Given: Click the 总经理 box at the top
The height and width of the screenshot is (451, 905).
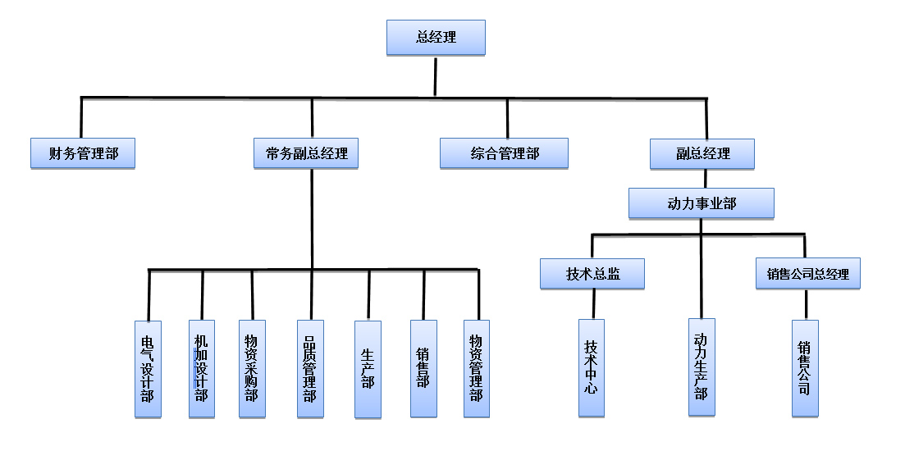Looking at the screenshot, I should [x=436, y=38].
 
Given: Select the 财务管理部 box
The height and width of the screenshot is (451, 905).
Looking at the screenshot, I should [x=82, y=153].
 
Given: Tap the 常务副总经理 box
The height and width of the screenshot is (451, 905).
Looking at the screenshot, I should [x=306, y=153].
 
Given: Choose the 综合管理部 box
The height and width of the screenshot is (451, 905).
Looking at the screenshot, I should [x=505, y=153].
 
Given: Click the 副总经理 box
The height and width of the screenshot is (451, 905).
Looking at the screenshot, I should [x=702, y=153].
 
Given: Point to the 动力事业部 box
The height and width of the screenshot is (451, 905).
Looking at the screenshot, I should [x=702, y=203].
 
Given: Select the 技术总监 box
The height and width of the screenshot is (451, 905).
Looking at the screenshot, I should [x=592, y=274].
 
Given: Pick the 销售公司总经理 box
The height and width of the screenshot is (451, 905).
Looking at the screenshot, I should [x=807, y=274].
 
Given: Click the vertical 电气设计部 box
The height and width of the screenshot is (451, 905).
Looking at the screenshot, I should [x=148, y=368].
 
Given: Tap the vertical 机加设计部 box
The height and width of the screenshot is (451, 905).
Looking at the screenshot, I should [x=201, y=368].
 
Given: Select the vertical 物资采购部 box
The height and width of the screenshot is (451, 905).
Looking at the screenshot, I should [x=252, y=368].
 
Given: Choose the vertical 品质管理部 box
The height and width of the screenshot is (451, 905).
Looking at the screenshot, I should [x=309, y=368].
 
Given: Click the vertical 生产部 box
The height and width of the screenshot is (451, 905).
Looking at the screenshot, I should [x=368, y=368].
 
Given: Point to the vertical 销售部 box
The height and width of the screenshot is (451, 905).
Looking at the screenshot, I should [x=423, y=368].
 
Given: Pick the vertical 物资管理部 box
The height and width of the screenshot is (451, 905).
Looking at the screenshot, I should [x=476, y=368].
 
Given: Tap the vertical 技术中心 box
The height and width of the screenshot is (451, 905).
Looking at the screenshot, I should [x=591, y=368].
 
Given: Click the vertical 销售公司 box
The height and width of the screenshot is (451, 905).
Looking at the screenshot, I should [x=805, y=368].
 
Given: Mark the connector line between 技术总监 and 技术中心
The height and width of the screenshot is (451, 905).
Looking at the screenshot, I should [x=592, y=304].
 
